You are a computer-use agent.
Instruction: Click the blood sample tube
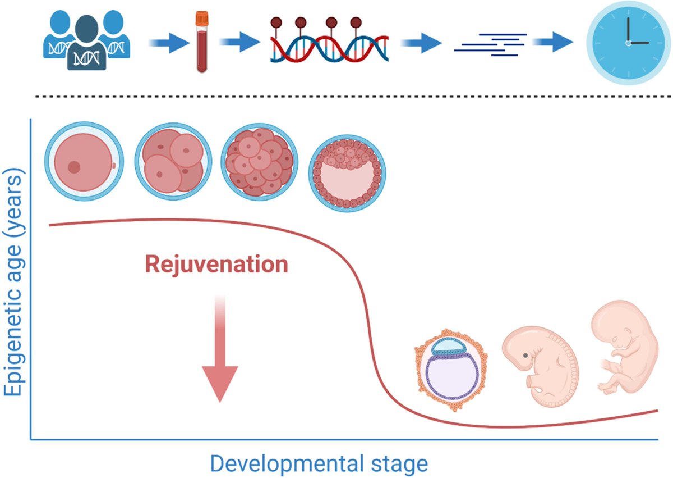[x=201, y=42]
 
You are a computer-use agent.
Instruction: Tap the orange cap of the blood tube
[x=201, y=18]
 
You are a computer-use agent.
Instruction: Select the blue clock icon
[x=629, y=43]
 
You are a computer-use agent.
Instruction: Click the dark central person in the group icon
[x=87, y=44]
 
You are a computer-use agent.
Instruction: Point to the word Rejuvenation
[x=216, y=265]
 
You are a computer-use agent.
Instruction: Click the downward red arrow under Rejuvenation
[x=220, y=349]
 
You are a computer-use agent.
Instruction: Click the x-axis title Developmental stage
[x=319, y=464]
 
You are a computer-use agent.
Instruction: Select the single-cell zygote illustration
[x=84, y=161]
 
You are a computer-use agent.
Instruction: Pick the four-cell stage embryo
[x=173, y=162]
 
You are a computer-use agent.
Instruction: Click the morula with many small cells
[x=260, y=162]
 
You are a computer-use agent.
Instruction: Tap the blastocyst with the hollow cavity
[x=347, y=173]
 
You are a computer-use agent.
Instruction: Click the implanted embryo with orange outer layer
[x=451, y=370]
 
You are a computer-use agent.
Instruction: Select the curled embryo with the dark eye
[x=540, y=367]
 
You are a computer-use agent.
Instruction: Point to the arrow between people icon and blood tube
[x=169, y=43]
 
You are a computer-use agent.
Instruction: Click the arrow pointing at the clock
[x=552, y=42]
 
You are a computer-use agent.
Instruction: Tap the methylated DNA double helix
[x=330, y=40]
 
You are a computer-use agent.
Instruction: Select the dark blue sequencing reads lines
[x=490, y=45]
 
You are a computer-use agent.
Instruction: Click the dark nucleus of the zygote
[x=74, y=167]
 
